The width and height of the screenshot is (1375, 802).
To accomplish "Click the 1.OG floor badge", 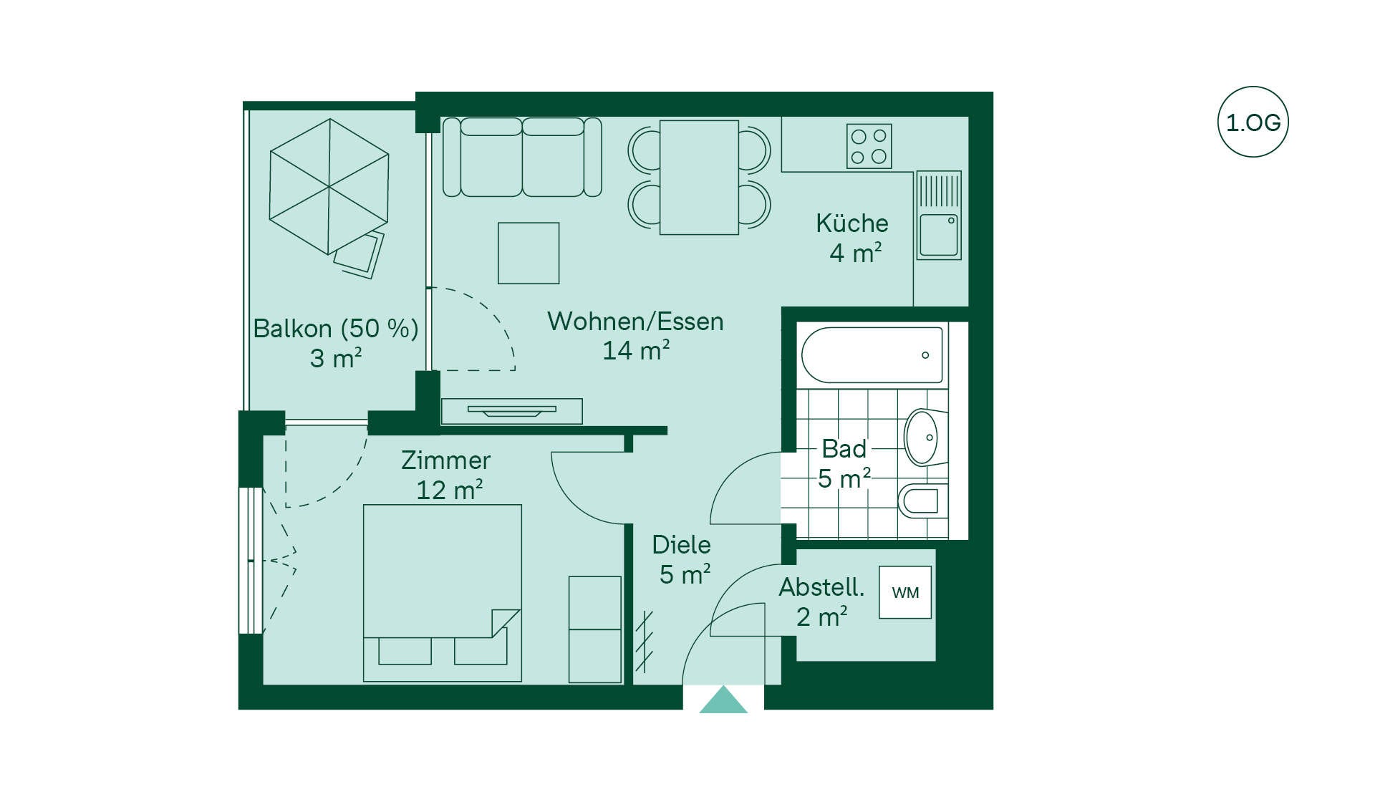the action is (1253, 122).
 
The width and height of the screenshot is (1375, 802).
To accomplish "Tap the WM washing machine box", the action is (905, 592).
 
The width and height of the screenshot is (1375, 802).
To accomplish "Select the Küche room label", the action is (852, 223).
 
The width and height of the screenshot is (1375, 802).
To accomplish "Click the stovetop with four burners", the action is (869, 146).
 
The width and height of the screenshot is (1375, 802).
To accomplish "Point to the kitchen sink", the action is (939, 215).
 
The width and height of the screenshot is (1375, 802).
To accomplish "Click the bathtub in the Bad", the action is (872, 355).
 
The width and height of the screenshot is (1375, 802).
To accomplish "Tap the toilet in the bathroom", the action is (922, 501).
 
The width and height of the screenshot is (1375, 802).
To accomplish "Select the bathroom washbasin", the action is (925, 437).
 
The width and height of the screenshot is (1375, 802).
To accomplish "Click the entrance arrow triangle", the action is (723, 700).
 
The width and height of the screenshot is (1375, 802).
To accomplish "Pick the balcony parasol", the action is (329, 186).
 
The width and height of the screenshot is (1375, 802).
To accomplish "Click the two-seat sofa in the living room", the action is (522, 157).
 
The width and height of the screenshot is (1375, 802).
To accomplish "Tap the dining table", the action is (699, 177).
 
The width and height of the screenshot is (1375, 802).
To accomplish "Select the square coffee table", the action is (529, 253).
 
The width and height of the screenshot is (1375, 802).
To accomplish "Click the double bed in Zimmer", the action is (442, 593).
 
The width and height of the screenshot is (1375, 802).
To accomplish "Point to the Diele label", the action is (681, 545).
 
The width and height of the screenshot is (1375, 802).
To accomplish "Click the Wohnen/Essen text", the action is (635, 322).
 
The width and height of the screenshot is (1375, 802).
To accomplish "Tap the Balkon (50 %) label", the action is (336, 329).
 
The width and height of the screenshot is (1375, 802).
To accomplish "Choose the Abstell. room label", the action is (821, 587).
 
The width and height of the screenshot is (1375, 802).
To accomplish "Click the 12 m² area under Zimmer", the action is (449, 491).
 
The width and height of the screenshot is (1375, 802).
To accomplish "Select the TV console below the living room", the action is (511, 411).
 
